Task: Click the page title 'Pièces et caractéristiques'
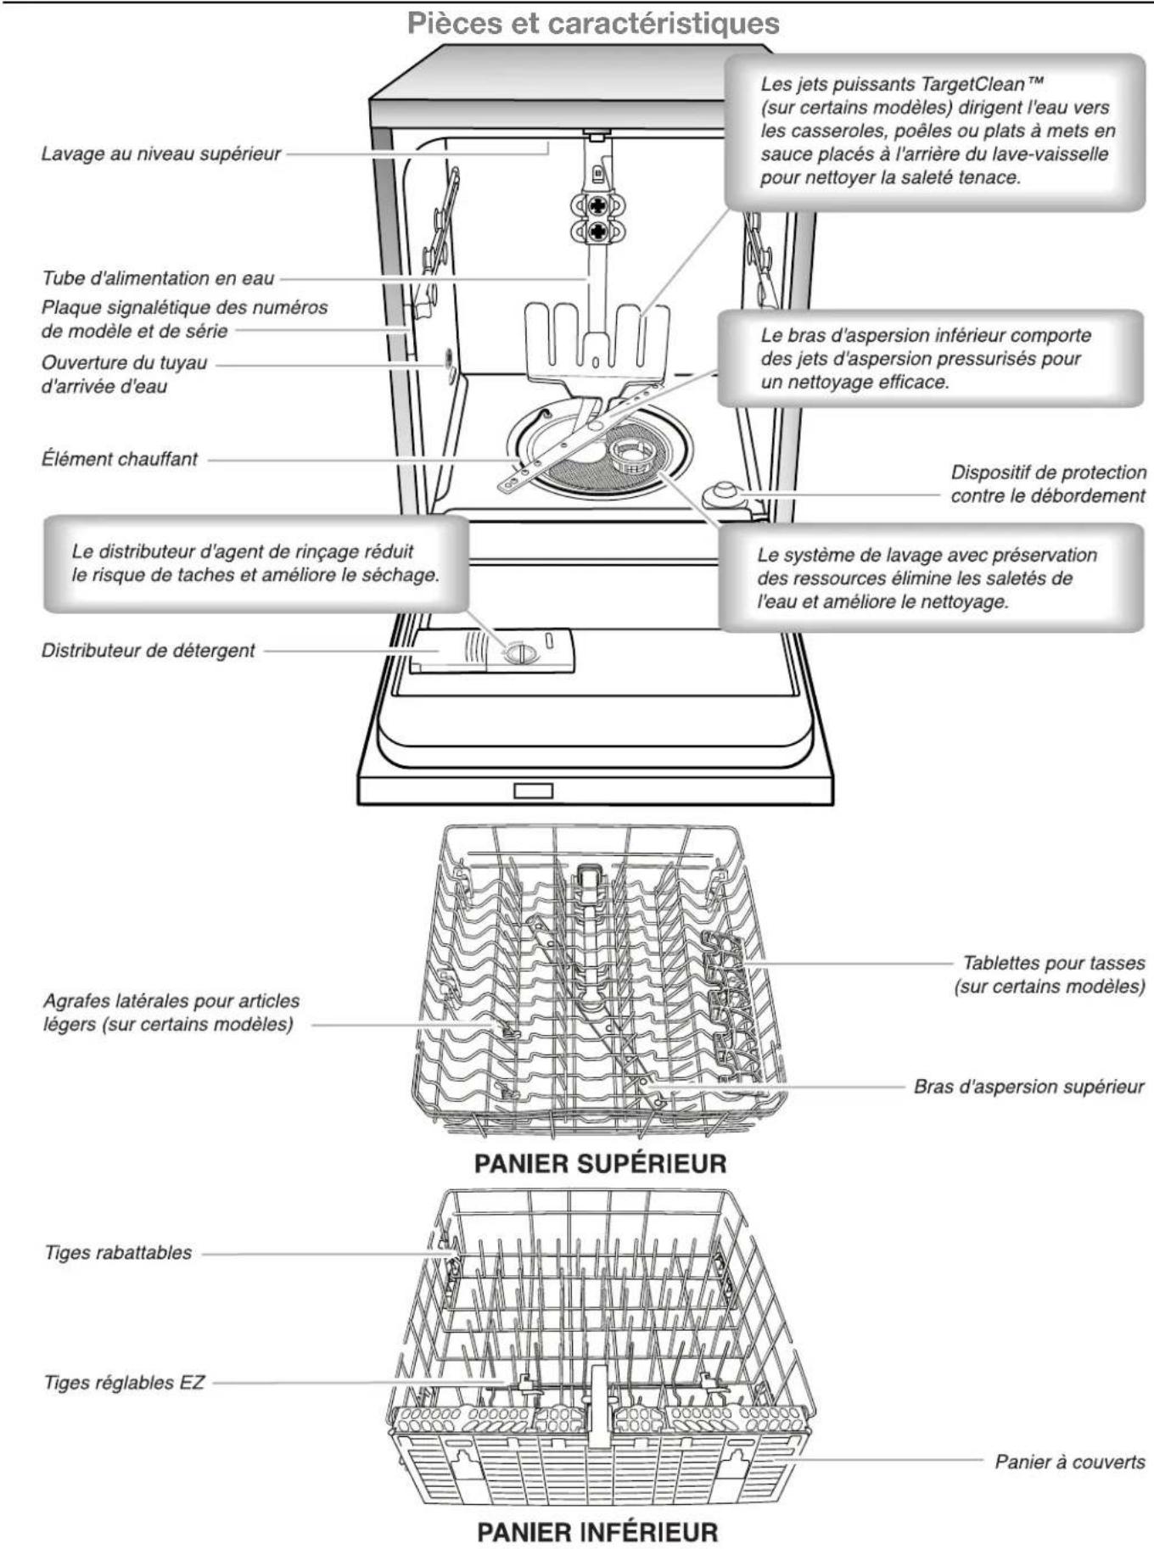pyautogui.click(x=593, y=23)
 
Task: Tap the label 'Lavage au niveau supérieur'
pyautogui.click(x=160, y=154)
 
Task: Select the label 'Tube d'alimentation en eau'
pyautogui.click(x=158, y=278)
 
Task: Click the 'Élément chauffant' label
pyautogui.click(x=120, y=459)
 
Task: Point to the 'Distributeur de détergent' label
pyautogui.click(x=148, y=651)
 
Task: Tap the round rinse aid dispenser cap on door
pyautogui.click(x=519, y=653)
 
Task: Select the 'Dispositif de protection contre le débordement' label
pyautogui.click(x=1047, y=484)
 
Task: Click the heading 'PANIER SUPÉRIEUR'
pyautogui.click(x=600, y=1163)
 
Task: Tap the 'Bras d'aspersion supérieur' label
pyautogui.click(x=1028, y=1087)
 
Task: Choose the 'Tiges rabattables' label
pyautogui.click(x=118, y=1253)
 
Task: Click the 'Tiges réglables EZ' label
pyautogui.click(x=124, y=1383)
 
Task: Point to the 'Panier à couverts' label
pyautogui.click(x=1069, y=1462)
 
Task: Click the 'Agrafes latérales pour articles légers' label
pyautogui.click(x=171, y=1012)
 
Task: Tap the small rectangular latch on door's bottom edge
pyautogui.click(x=534, y=791)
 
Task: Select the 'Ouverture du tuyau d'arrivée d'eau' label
pyautogui.click(x=124, y=374)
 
